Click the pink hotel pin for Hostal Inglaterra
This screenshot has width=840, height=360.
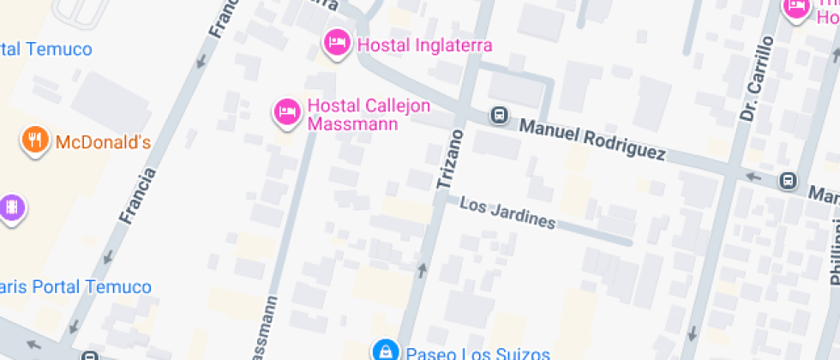click(x=335, y=42)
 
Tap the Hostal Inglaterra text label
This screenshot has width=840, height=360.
click(x=424, y=45)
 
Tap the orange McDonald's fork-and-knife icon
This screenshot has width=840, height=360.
click(x=34, y=141)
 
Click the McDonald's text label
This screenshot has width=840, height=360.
click(x=103, y=141)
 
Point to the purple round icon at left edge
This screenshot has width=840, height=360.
click(x=11, y=207)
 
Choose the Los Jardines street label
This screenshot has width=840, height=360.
click(x=507, y=213)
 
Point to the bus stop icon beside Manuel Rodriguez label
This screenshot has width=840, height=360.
click(x=497, y=114)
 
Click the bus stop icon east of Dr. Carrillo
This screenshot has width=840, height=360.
click(x=788, y=181)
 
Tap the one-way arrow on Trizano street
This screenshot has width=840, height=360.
click(x=422, y=271)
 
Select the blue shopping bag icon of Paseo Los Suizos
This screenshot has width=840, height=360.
click(x=386, y=351)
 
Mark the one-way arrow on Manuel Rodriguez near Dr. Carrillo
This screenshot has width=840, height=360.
click(x=753, y=177)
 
